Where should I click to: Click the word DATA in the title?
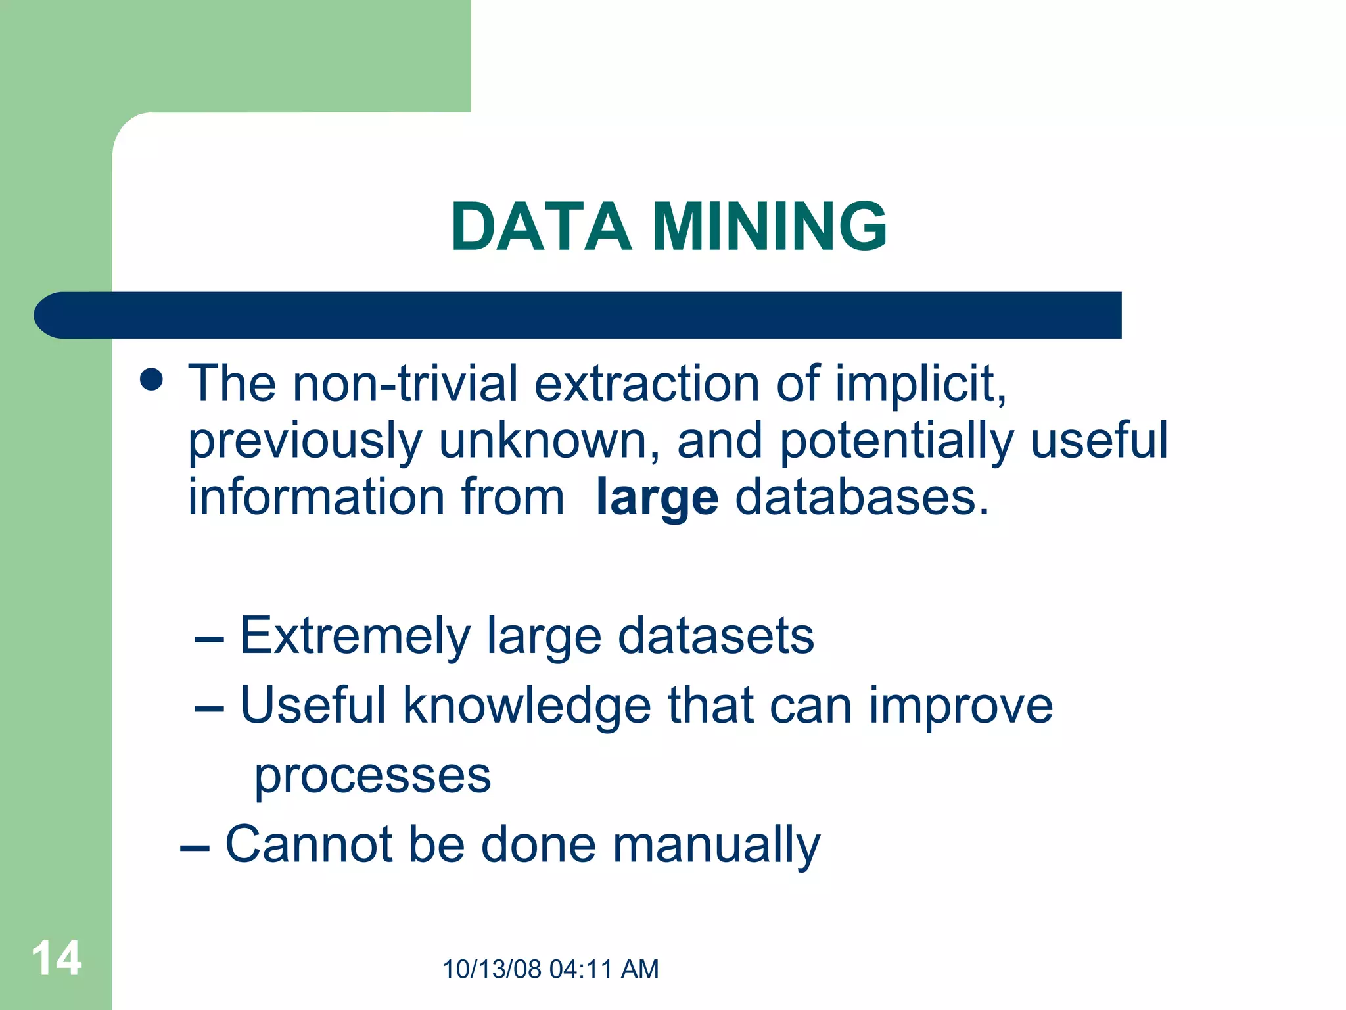point(540,227)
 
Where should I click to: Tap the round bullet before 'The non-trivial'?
point(152,379)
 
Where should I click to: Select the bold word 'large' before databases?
point(657,498)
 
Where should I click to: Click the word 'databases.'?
point(862,497)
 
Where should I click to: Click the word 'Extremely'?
point(355,637)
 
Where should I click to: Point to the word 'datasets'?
point(716,636)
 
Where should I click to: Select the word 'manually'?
point(716,846)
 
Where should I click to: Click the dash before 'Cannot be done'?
point(195,848)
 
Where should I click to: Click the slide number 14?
point(57,959)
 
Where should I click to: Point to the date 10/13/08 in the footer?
point(492,969)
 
